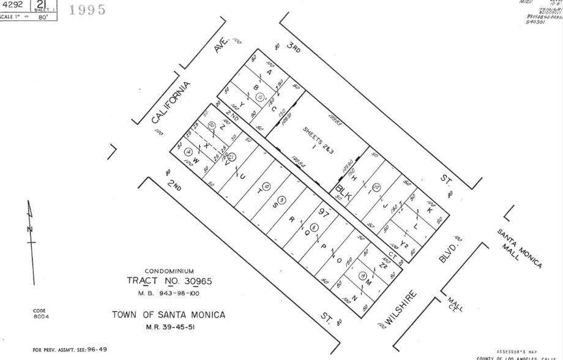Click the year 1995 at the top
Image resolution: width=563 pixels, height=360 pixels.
pyautogui.click(x=89, y=10)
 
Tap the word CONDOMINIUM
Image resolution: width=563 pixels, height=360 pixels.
pyautogui.click(x=169, y=271)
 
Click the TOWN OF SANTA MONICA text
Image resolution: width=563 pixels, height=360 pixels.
pyautogui.click(x=168, y=315)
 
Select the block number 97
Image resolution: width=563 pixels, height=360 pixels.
pyautogui.click(x=324, y=212)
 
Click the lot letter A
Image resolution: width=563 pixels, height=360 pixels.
pyautogui.click(x=269, y=72)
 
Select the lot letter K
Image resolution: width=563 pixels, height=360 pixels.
pyautogui.click(x=430, y=210)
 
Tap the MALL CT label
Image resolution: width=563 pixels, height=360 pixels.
pyautogui.click(x=453, y=304)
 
